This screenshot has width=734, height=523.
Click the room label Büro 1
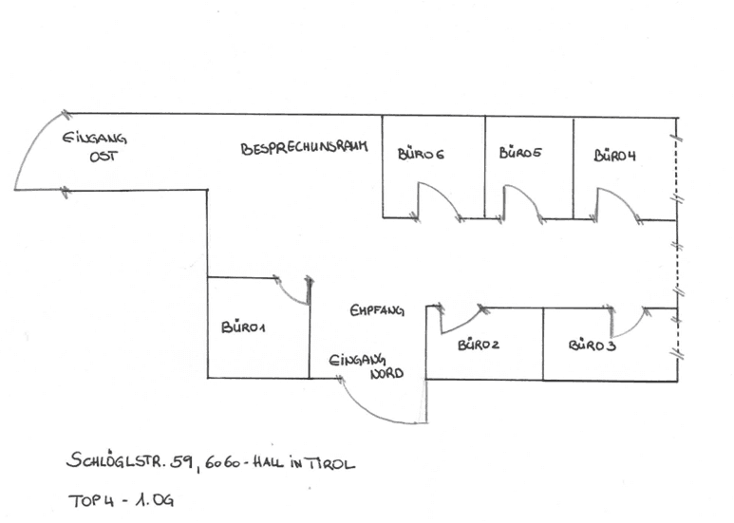tap(243, 327)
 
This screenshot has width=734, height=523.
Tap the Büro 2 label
tap(479, 345)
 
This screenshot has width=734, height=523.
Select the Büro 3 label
tap(593, 346)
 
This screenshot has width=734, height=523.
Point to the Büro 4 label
tap(614, 156)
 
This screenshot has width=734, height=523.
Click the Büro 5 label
tap(520, 152)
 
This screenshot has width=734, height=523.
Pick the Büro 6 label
tap(422, 156)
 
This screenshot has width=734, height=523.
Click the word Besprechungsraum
tap(303, 149)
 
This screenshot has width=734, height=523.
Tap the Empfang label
tap(378, 309)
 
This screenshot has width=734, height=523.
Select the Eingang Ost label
tap(95, 146)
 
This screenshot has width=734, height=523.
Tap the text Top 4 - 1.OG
tap(121, 499)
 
